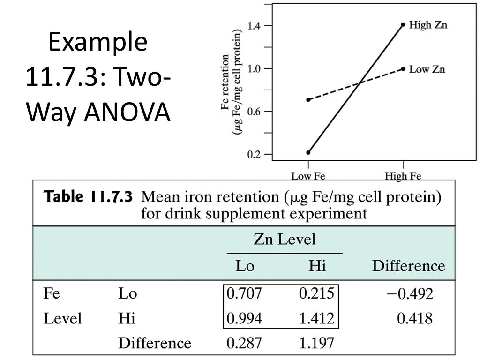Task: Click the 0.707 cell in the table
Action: (244, 294)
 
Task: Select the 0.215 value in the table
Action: (316, 294)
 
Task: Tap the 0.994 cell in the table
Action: (244, 319)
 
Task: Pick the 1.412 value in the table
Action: (316, 319)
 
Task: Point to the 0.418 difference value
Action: (415, 319)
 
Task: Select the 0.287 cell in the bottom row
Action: (244, 343)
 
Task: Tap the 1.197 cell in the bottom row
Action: (316, 343)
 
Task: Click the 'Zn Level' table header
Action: (285, 240)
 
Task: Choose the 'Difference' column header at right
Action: (408, 266)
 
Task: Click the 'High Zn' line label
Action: (428, 24)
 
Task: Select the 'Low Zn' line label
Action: (427, 69)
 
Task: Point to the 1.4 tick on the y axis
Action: (254, 25)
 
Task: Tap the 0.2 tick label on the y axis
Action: (254, 154)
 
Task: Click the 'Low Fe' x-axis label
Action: (308, 176)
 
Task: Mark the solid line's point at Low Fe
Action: (308, 152)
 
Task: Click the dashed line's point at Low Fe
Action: (308, 100)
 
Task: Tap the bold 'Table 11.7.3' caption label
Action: (88, 196)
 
